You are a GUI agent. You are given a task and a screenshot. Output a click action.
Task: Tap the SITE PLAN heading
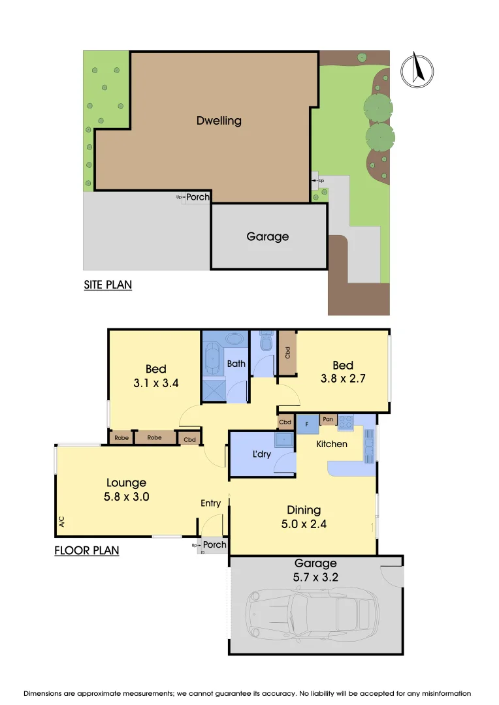[108, 285]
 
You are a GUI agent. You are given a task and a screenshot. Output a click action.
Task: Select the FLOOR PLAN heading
[86, 550]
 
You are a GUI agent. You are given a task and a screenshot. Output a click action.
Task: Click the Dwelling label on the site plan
[219, 121]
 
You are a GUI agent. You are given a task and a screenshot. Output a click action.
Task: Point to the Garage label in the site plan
[267, 236]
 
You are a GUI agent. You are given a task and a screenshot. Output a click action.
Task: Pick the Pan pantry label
[328, 419]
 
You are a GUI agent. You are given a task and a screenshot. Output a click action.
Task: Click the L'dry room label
[261, 454]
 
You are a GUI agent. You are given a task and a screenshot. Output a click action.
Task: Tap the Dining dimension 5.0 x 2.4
[304, 523]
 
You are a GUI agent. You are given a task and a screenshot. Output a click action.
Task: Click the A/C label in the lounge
[62, 521]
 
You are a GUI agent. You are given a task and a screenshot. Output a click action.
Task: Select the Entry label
[210, 503]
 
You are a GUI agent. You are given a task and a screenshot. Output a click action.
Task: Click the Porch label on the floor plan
[215, 544]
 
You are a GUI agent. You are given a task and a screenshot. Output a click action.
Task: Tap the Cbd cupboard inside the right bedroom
[287, 352]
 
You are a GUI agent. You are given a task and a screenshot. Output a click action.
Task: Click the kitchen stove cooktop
[345, 422]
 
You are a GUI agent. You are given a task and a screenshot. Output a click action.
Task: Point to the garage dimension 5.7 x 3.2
[315, 576]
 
